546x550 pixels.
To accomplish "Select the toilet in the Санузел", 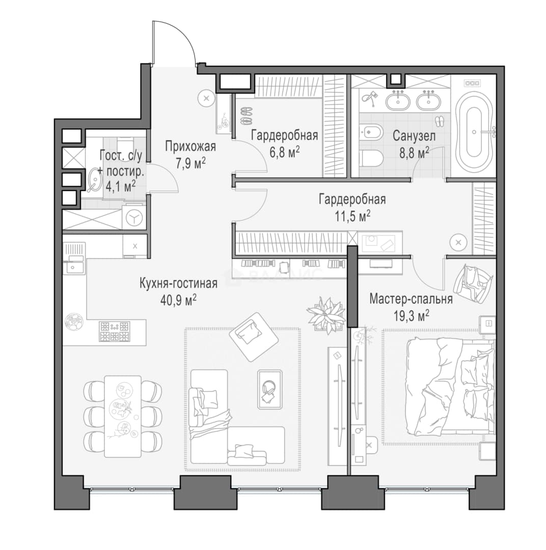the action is point(371,159).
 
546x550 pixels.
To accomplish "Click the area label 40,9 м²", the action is point(178,300).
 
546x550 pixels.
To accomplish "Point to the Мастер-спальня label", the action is point(411,299).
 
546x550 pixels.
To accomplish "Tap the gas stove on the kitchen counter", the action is point(115,332).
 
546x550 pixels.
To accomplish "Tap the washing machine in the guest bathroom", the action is point(133,218).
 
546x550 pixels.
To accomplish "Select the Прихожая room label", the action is point(190,147).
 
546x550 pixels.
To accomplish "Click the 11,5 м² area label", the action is point(352,216).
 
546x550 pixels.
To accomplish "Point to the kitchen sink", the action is point(74,268).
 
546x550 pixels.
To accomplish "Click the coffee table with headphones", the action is point(269,390).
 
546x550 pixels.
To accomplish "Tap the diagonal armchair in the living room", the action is point(253,337).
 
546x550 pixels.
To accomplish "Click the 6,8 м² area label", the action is point(285,152).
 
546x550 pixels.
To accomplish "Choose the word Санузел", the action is point(414,136).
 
